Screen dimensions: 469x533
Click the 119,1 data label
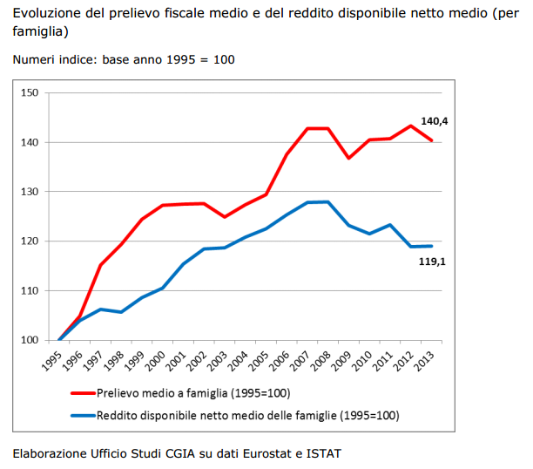click(433, 261)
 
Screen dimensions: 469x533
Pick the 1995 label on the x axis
click(52, 360)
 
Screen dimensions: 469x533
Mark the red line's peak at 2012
click(410, 126)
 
